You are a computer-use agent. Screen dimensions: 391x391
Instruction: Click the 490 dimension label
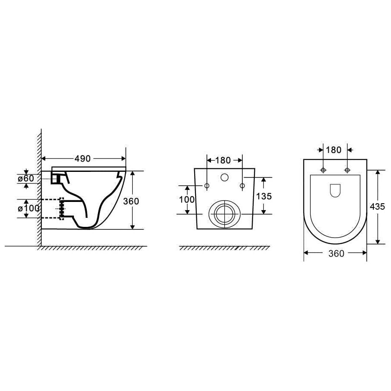82,159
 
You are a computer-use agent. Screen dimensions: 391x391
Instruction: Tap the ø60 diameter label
26,179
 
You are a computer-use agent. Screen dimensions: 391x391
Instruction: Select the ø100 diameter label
28,208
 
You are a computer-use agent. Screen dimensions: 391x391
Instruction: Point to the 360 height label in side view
131,201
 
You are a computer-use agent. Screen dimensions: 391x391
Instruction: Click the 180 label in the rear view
223,160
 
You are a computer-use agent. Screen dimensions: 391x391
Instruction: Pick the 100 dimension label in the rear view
187,199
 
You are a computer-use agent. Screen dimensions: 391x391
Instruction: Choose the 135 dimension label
264,196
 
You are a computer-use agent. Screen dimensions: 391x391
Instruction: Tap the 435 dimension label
377,207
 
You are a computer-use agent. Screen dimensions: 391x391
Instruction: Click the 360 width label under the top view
336,254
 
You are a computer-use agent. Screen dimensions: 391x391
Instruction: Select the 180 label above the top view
333,150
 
